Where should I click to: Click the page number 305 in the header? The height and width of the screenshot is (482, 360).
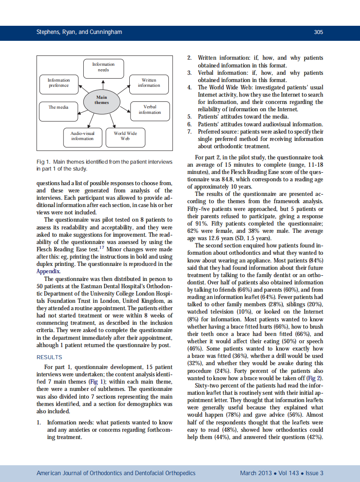pyautogui.click(x=318, y=32)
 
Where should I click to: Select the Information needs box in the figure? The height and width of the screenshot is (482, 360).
pyautogui.click(x=104, y=67)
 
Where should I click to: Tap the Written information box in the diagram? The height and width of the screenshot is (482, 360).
pyautogui.click(x=149, y=83)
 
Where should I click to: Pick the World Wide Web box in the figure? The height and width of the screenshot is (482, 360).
pyautogui.click(x=125, y=136)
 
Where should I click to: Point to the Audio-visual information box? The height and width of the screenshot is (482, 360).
pyautogui.click(x=82, y=136)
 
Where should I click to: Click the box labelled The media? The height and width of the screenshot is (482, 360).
pyautogui.click(x=59, y=107)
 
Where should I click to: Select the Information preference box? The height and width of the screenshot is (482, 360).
pyautogui.click(x=59, y=83)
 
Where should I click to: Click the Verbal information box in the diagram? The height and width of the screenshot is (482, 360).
pyautogui.click(x=149, y=110)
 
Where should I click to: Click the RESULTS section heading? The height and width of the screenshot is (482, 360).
pyautogui.click(x=49, y=357)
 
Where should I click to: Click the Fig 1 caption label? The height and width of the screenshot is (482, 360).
pyautogui.click(x=43, y=162)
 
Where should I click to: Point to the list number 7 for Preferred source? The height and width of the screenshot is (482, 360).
pyautogui.click(x=189, y=131)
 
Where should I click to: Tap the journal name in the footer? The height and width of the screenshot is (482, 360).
pyautogui.click(x=116, y=473)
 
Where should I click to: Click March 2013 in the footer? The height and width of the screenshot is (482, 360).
pyautogui.click(x=256, y=473)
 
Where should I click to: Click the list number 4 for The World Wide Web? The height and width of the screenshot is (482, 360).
pyautogui.click(x=189, y=88)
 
